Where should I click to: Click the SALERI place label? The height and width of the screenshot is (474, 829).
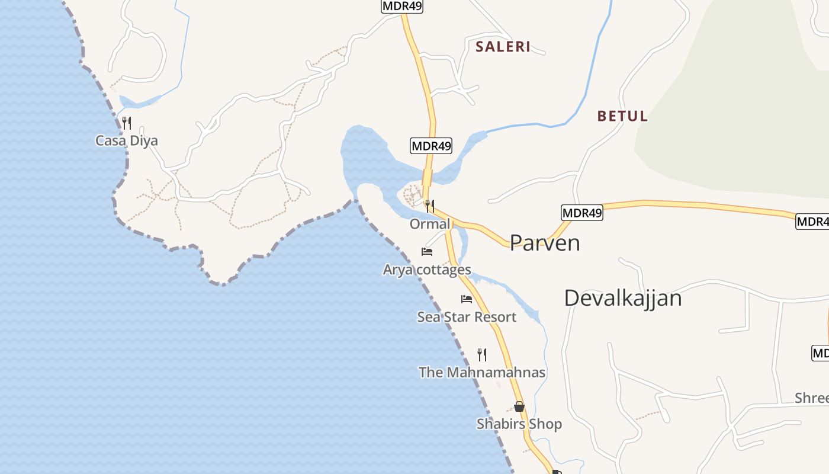click(x=503, y=47)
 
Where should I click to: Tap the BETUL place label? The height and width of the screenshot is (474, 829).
click(x=622, y=116)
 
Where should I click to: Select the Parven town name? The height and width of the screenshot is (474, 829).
click(x=544, y=243)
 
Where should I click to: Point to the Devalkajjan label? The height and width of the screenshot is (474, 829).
click(x=622, y=298)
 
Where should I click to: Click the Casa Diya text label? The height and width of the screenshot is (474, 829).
click(x=127, y=141)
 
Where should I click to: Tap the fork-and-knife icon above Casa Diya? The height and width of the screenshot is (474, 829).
click(x=126, y=123)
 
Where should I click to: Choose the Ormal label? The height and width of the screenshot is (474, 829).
click(x=430, y=224)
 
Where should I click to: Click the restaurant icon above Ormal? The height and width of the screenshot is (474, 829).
click(x=430, y=206)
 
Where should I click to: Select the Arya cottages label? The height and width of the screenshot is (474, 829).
click(x=427, y=270)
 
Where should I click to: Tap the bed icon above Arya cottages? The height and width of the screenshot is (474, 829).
click(x=427, y=251)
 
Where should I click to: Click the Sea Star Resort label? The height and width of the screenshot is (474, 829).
click(x=467, y=317)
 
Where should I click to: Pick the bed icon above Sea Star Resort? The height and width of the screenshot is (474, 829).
click(x=467, y=299)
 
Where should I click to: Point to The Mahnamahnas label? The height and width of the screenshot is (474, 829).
click(x=482, y=372)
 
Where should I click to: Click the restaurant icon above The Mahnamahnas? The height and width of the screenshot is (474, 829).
click(x=482, y=354)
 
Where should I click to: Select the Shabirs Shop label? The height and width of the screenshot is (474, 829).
click(x=519, y=424)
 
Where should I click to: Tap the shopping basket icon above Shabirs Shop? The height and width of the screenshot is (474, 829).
click(x=519, y=406)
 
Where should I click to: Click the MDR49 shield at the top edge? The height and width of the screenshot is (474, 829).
click(x=402, y=6)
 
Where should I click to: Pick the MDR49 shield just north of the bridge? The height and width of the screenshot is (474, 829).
click(x=431, y=145)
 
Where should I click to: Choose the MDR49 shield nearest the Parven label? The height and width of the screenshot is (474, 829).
click(x=581, y=213)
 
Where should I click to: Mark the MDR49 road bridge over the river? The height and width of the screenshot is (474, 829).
click(x=428, y=177)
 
